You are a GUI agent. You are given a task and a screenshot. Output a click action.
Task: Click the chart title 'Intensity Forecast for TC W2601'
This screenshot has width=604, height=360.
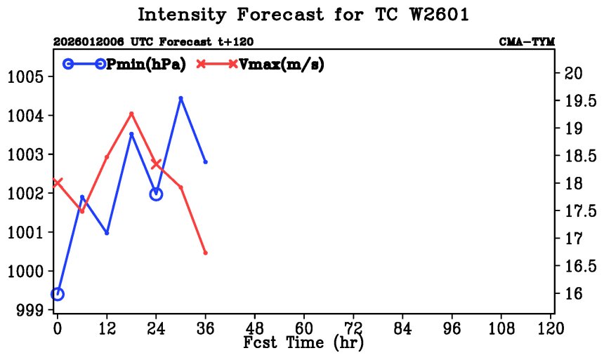pyautogui.click(x=302, y=15)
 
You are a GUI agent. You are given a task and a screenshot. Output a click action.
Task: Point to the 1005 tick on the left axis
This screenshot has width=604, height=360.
pyautogui.click(x=29, y=76)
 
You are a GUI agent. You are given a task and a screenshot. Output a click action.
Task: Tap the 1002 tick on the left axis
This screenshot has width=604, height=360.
pyautogui.click(x=29, y=193)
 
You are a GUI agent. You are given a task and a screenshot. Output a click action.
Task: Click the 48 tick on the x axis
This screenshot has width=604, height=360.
pyautogui.click(x=255, y=328)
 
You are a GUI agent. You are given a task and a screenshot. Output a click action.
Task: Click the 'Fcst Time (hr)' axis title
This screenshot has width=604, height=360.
pyautogui.click(x=303, y=344)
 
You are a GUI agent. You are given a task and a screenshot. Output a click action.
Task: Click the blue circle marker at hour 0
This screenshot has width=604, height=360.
pyautogui.click(x=58, y=294)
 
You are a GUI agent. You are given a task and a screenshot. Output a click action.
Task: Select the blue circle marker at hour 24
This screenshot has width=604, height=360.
pyautogui.click(x=156, y=194)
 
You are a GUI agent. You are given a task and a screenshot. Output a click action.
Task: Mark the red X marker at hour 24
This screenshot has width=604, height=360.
pyautogui.click(x=156, y=164)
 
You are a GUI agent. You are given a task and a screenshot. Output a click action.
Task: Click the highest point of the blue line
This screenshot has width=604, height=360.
pyautogui.click(x=180, y=98)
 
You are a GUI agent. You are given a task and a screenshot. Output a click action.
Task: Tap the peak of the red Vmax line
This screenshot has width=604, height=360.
pyautogui.click(x=131, y=114)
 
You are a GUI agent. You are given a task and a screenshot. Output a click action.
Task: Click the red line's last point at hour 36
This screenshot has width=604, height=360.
pyautogui.click(x=205, y=253)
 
